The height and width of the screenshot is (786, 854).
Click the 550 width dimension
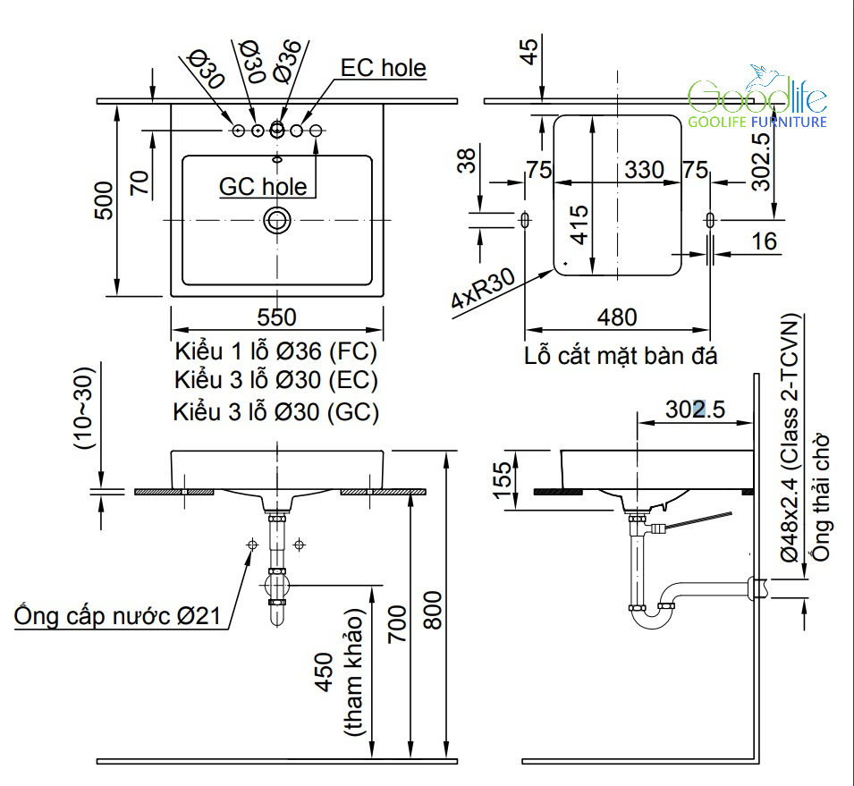(x=276, y=317)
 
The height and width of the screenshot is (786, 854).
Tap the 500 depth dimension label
(x=104, y=200)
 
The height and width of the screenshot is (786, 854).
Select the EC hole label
(x=384, y=68)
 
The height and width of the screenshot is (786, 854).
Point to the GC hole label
(x=263, y=186)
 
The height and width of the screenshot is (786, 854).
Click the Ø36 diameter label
(x=288, y=61)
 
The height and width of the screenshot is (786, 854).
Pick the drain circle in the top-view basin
(x=277, y=220)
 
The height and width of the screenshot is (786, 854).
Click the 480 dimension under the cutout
(x=616, y=317)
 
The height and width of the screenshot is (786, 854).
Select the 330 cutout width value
(x=645, y=169)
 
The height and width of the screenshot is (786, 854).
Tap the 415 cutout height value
(x=579, y=224)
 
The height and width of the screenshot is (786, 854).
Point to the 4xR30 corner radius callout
(x=484, y=288)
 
